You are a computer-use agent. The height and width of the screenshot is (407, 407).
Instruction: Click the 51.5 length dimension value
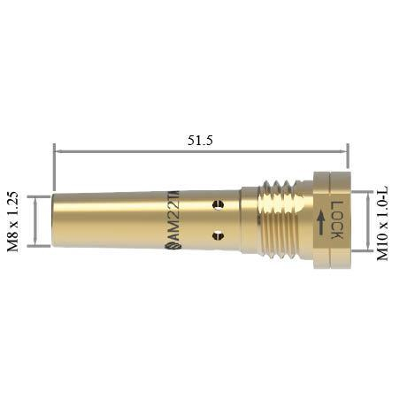tap(200, 141)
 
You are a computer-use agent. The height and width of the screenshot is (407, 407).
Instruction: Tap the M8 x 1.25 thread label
tap(13, 221)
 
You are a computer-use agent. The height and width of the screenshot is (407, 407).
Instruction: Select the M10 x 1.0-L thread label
tap(383, 223)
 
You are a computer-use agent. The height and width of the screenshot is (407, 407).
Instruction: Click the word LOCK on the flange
tap(336, 219)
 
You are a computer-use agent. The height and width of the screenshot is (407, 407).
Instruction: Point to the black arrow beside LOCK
tap(321, 223)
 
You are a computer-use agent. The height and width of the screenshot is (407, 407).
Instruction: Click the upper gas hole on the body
tap(219, 204)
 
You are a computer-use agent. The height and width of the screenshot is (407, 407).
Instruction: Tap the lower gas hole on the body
tap(219, 235)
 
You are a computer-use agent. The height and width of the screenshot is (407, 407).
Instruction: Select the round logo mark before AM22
tap(171, 247)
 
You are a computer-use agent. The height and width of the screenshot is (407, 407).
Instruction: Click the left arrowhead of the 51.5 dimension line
tap(58, 151)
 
